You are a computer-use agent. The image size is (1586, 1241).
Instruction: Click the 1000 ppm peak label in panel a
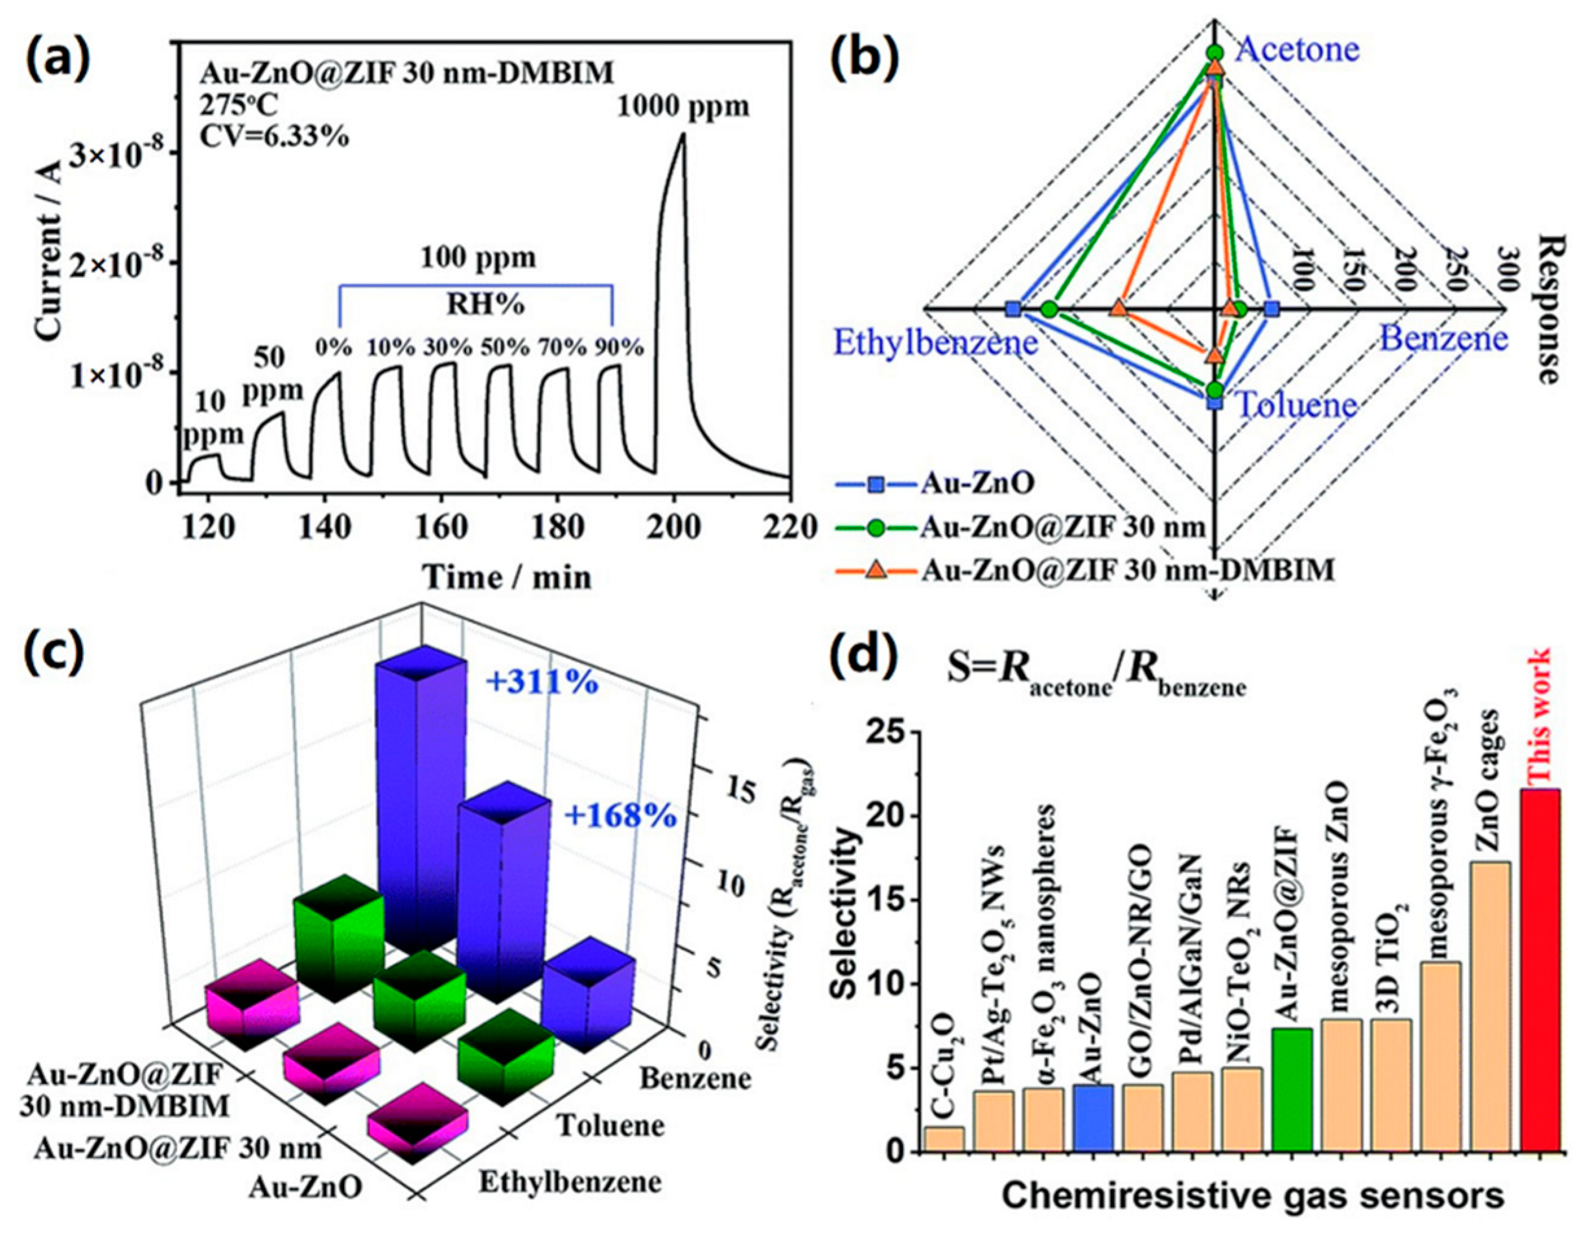(683, 107)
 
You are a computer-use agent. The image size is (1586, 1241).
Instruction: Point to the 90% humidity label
(619, 347)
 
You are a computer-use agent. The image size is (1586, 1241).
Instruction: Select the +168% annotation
(620, 817)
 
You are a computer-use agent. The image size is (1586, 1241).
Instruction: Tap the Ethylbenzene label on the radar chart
(936, 342)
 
